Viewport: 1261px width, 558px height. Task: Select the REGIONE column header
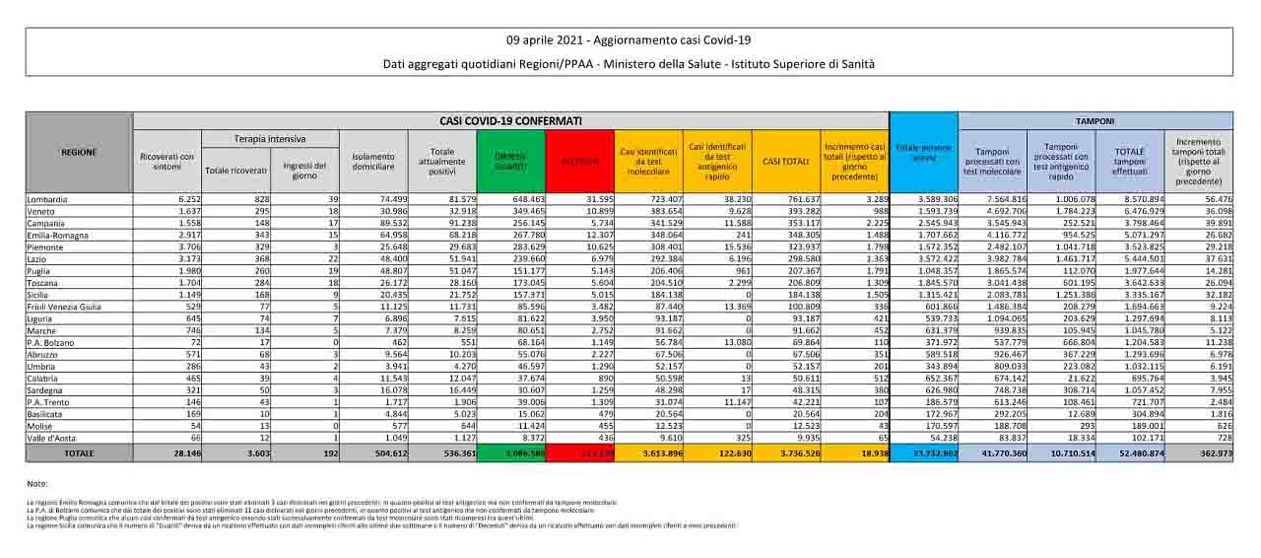coord(79,153)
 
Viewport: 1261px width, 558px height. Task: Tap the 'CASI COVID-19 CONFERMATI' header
coord(510,120)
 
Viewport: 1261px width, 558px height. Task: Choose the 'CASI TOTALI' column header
coord(786,161)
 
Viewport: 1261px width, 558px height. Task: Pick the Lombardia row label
coord(49,199)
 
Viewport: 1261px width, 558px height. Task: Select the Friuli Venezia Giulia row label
coord(64,307)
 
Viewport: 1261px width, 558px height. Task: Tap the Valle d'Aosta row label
coord(52,438)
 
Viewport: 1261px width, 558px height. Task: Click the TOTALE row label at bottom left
coord(79,453)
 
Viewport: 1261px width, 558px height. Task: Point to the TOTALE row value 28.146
coord(183,453)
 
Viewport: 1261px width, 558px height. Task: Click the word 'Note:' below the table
coord(37,484)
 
